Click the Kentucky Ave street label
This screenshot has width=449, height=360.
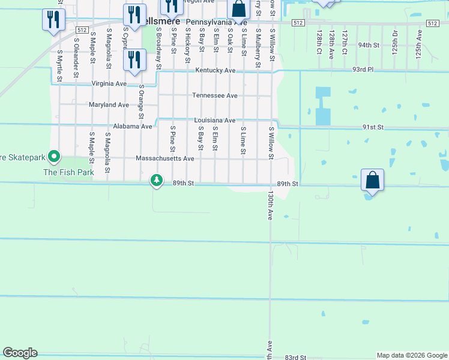[215, 70]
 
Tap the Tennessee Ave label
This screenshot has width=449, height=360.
[214, 95]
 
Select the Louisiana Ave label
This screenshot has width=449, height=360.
[214, 121]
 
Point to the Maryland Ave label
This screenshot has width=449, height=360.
[109, 104]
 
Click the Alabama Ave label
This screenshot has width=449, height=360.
[133, 127]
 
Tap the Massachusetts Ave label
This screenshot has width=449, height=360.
[165, 158]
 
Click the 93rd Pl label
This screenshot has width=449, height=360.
[363, 70]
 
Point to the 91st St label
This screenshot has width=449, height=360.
[372, 127]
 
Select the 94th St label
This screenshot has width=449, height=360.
[369, 45]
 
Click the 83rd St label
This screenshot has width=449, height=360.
[295, 357]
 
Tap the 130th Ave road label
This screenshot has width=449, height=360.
[271, 206]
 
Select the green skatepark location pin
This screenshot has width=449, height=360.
[54, 158]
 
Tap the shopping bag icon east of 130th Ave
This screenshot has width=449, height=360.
[372, 180]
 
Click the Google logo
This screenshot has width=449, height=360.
[20, 353]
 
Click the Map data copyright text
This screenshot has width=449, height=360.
[412, 355]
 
